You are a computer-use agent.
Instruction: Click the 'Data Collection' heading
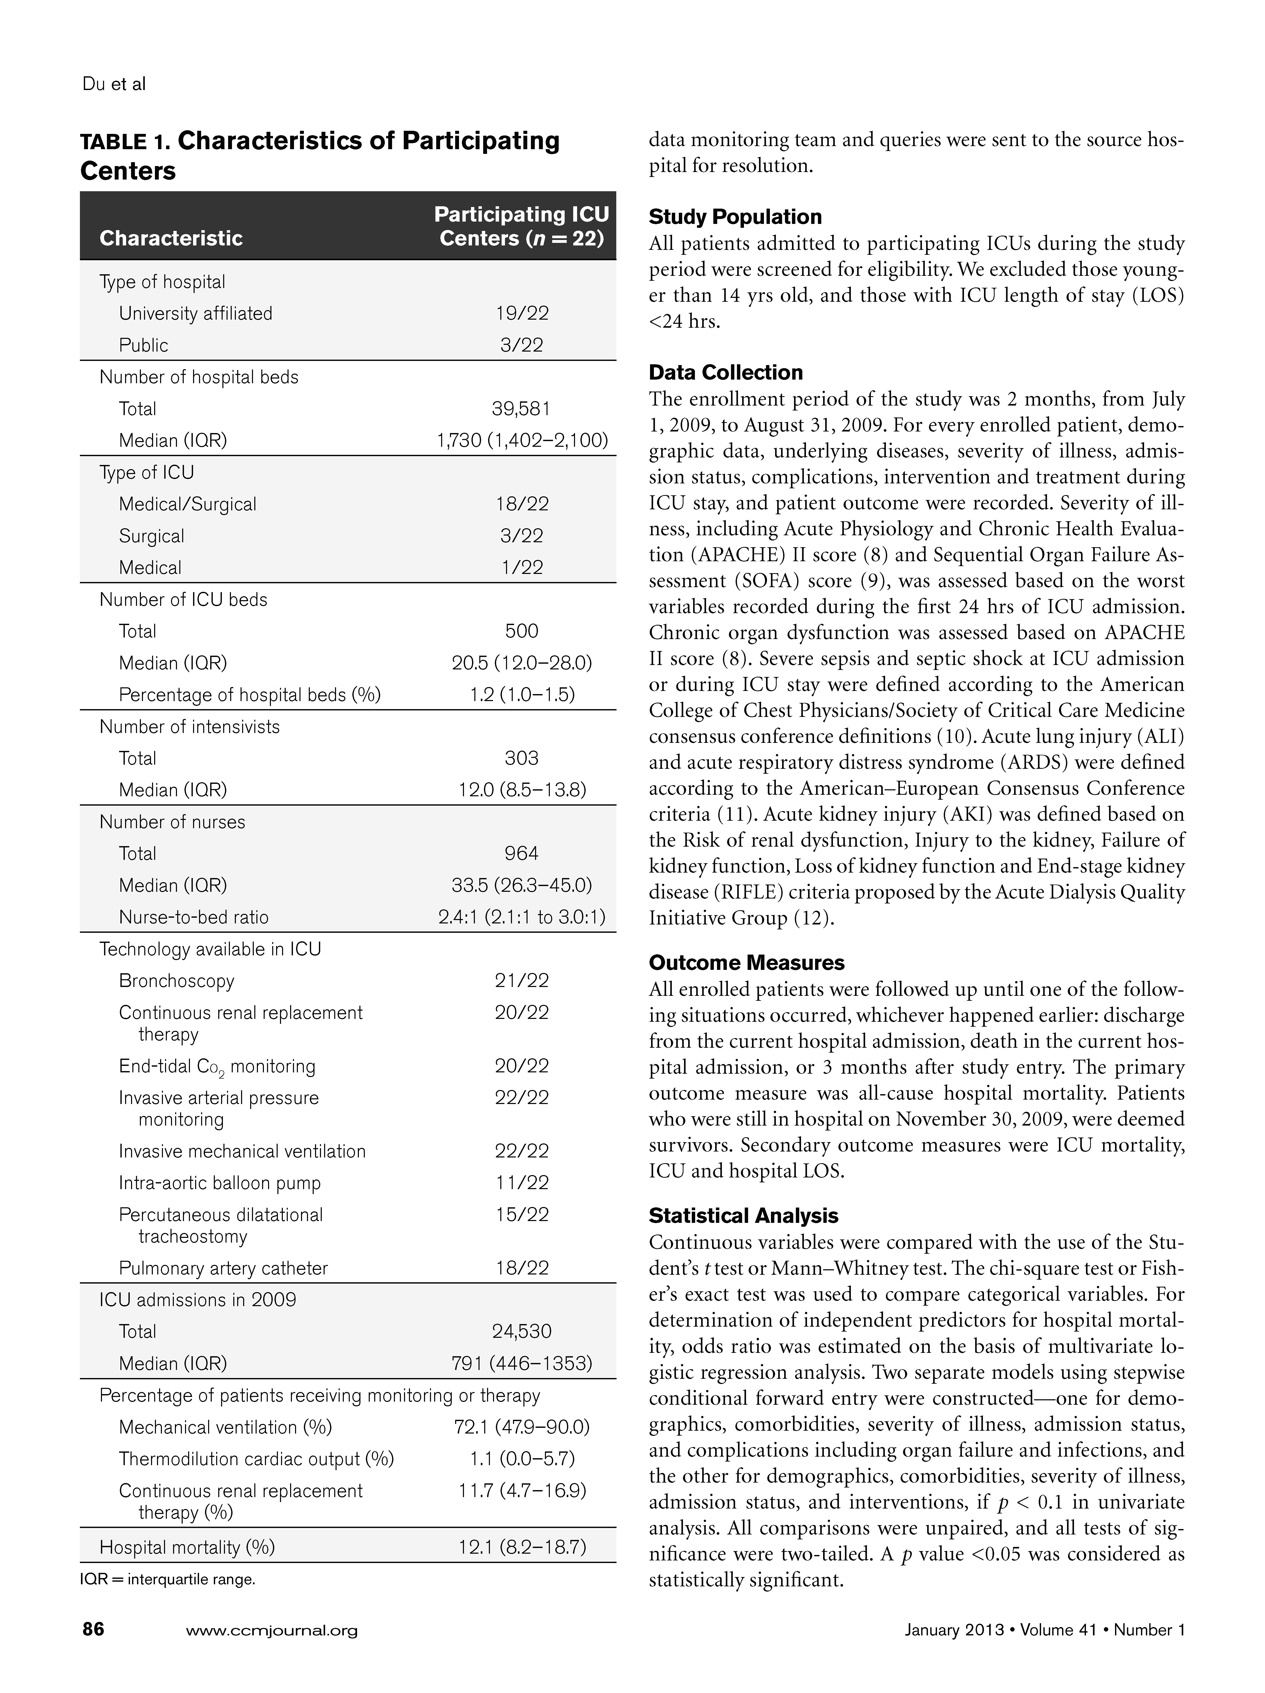coord(726,373)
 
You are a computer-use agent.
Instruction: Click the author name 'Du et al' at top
coord(113,84)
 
